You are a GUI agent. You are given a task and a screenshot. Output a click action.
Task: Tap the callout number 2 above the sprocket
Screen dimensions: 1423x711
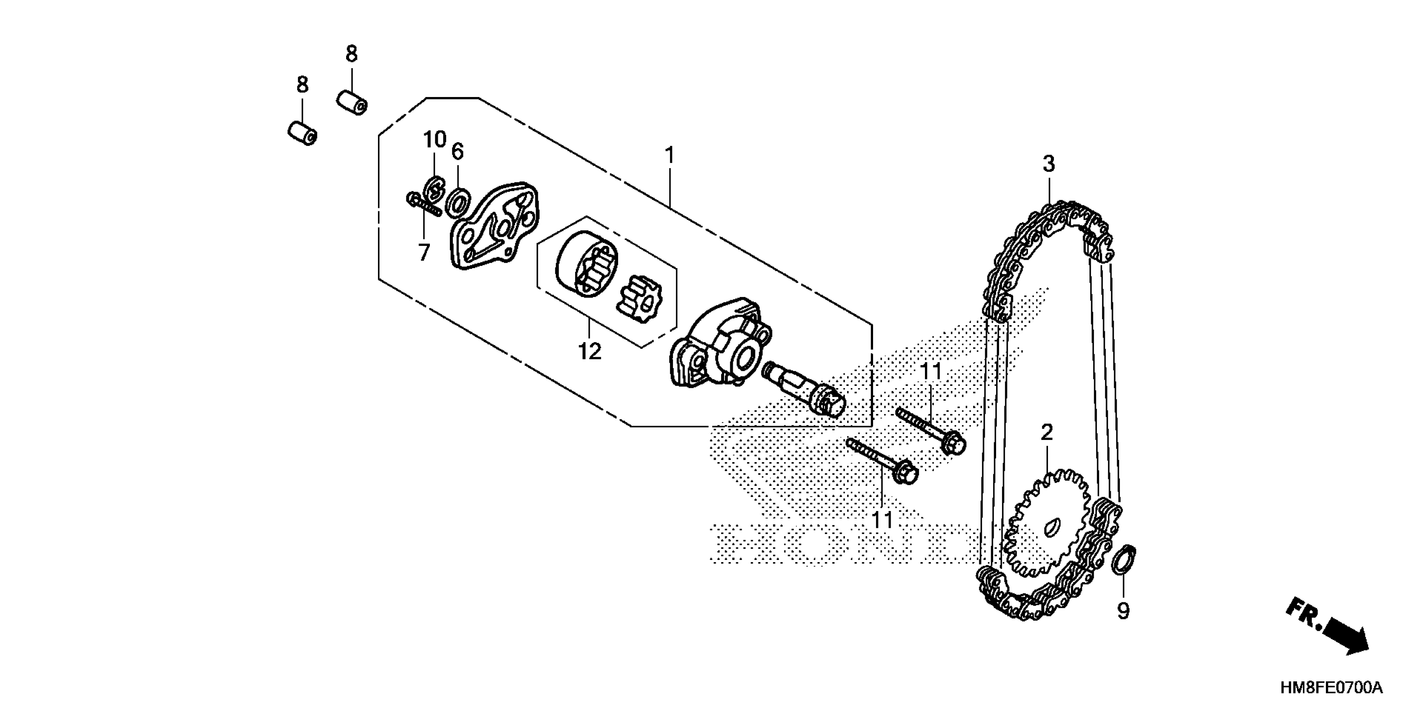pos(1047,432)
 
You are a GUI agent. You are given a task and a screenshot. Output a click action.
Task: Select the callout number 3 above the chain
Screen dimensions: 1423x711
pos(1048,164)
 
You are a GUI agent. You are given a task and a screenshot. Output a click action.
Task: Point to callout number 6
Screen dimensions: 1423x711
pos(457,151)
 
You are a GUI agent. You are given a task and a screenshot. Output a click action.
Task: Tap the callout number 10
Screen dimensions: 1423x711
pos(435,140)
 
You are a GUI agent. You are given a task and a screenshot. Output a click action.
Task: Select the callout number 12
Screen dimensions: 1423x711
pos(589,351)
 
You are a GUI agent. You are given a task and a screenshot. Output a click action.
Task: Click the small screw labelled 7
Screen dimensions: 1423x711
pos(423,206)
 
